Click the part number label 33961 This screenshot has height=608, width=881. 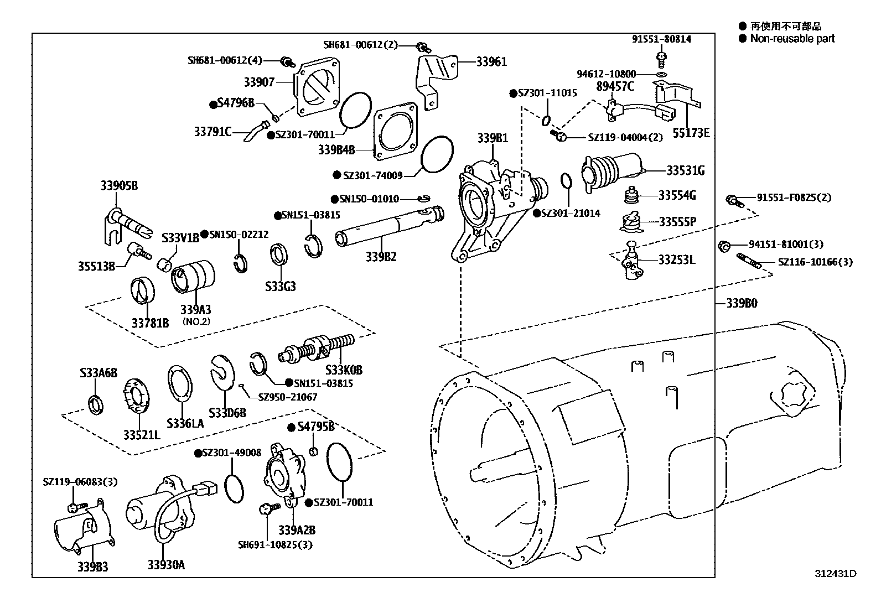pyautogui.click(x=491, y=62)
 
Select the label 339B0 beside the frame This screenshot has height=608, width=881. pyautogui.click(x=742, y=303)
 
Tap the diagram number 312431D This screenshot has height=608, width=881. pyautogui.click(x=836, y=573)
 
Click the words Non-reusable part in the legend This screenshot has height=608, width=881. pyautogui.click(x=792, y=39)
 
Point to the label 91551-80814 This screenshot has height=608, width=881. pyautogui.click(x=661, y=39)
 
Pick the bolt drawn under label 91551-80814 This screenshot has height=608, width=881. pyautogui.click(x=661, y=57)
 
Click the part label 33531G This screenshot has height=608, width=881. pyautogui.click(x=686, y=171)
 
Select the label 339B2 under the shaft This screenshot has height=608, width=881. pyautogui.click(x=381, y=257)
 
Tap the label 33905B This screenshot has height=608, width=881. pyautogui.click(x=119, y=186)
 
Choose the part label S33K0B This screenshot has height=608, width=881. pyautogui.click(x=344, y=370)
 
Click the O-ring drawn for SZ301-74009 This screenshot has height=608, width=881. pyautogui.click(x=437, y=154)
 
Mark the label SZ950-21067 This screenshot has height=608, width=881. pyautogui.click(x=288, y=397)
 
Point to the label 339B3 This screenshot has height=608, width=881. pyautogui.click(x=93, y=567)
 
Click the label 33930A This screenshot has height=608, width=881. pyautogui.click(x=166, y=565)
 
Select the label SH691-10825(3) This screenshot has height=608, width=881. pyautogui.click(x=276, y=545)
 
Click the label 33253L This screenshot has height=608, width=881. pyautogui.click(x=677, y=260)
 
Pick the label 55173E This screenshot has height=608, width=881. pyautogui.click(x=691, y=133)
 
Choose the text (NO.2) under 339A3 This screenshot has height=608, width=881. pyautogui.click(x=196, y=321)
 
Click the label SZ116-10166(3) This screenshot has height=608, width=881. pyautogui.click(x=815, y=262)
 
